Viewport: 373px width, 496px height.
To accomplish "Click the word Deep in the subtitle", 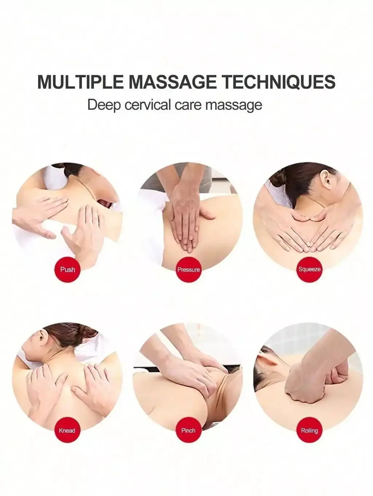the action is pyautogui.click(x=104, y=105).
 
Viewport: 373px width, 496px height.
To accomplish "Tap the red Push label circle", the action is pyautogui.click(x=67, y=269).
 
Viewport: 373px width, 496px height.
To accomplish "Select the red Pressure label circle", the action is pyautogui.click(x=189, y=269).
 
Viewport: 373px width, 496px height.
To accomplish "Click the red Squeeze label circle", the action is pyautogui.click(x=309, y=269).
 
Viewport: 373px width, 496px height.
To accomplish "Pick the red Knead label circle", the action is pyautogui.click(x=67, y=431).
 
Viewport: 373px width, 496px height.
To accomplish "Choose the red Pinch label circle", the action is pyautogui.click(x=188, y=431).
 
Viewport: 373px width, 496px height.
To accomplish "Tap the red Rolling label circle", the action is pyautogui.click(x=309, y=431).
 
